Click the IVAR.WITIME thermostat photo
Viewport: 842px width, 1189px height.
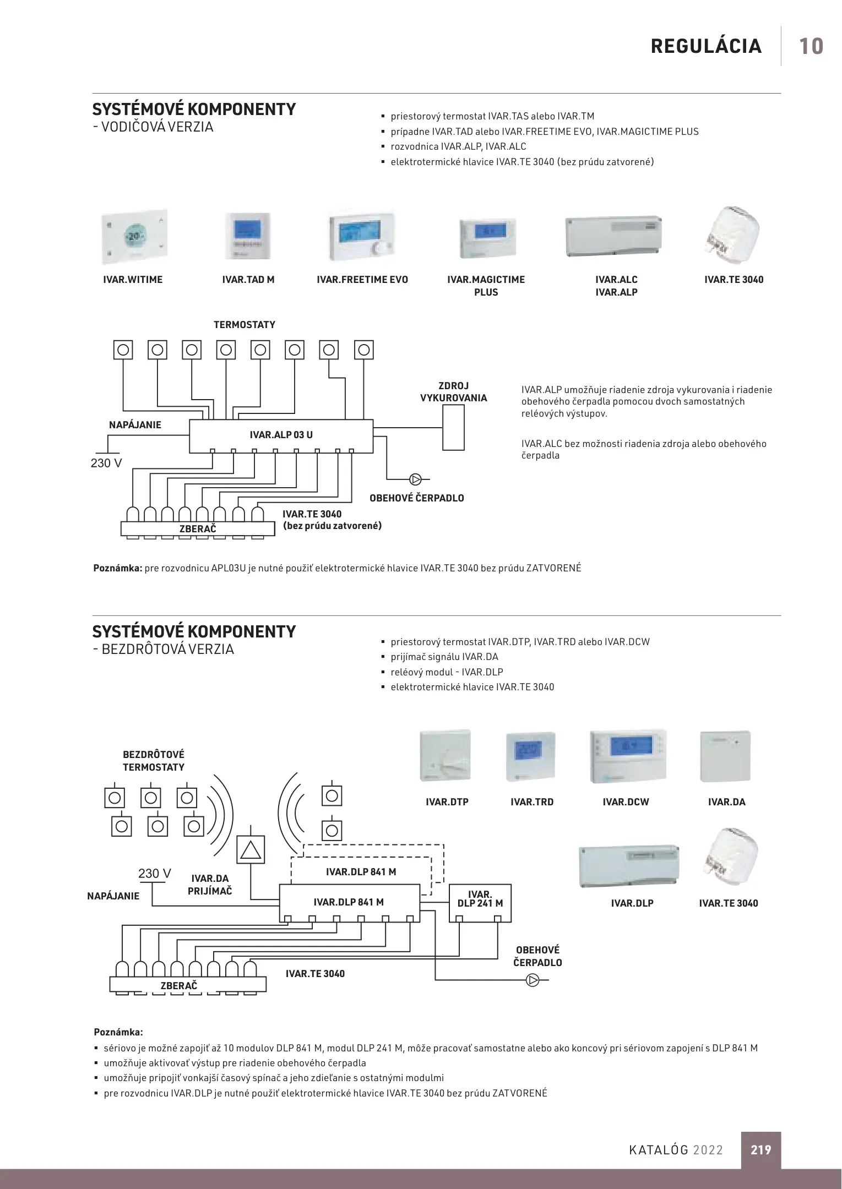(x=134, y=237)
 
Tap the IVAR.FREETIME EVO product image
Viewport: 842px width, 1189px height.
(x=362, y=235)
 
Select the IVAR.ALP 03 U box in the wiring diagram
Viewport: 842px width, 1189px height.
(x=281, y=435)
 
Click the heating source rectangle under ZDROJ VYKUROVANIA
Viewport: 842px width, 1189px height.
(x=453, y=428)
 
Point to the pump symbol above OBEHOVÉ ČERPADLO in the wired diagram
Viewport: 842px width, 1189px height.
(x=416, y=479)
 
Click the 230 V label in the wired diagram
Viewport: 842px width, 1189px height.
(x=106, y=463)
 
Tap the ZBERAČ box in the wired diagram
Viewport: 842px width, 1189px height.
(x=198, y=529)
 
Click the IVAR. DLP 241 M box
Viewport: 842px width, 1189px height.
(x=480, y=903)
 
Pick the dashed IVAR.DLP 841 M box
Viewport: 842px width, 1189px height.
(x=361, y=872)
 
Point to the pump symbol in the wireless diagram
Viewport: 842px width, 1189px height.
(x=533, y=980)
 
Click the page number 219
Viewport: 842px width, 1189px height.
(x=760, y=1149)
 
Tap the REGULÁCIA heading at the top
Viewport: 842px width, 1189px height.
(x=706, y=46)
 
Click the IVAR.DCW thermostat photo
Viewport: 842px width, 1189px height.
(x=628, y=756)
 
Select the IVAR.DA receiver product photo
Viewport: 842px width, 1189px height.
(x=725, y=756)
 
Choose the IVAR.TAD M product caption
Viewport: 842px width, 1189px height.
(x=248, y=280)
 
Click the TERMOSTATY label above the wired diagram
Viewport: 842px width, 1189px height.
(x=245, y=325)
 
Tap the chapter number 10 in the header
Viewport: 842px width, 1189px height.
(x=811, y=46)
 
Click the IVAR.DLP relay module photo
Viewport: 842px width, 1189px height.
(x=629, y=866)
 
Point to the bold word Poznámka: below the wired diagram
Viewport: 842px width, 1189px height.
(x=118, y=568)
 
